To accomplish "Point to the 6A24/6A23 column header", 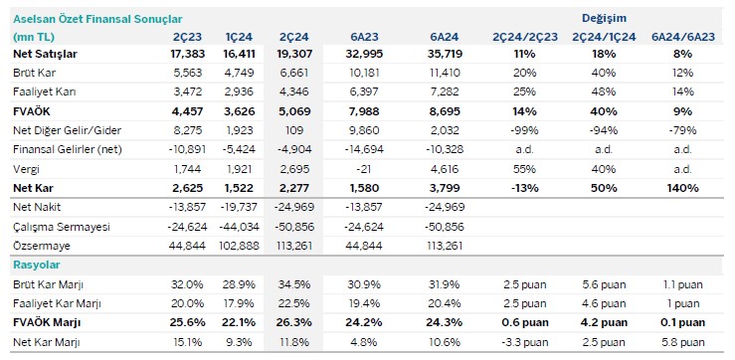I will [x=680, y=37].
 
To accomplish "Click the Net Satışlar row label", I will [x=47, y=55].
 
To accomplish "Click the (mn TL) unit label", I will [x=33, y=37].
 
